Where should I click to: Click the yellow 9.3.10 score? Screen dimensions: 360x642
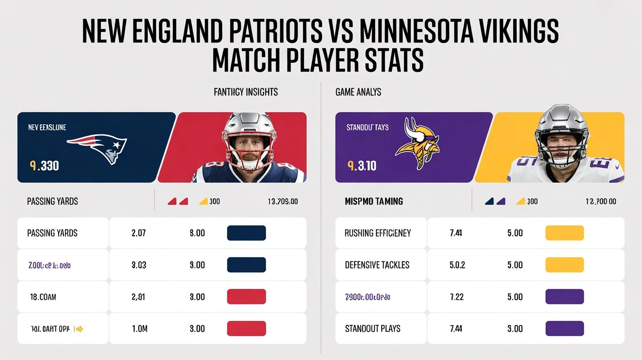(362, 166)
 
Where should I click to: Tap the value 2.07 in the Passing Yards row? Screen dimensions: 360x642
(139, 233)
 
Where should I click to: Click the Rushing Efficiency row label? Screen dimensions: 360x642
(377, 233)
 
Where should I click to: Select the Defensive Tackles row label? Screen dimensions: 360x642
(377, 265)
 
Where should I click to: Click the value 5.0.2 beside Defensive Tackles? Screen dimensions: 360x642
(457, 265)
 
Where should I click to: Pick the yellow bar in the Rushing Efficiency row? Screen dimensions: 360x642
(564, 233)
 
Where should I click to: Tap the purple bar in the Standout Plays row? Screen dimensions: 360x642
(564, 329)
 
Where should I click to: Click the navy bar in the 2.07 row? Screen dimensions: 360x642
(246, 233)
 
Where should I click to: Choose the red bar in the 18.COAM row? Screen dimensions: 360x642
(246, 297)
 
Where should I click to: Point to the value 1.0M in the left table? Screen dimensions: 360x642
(139, 329)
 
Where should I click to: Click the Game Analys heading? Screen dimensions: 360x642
(358, 91)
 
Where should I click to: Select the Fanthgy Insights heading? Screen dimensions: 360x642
(246, 91)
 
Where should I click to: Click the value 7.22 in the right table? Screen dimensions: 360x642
(456, 297)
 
